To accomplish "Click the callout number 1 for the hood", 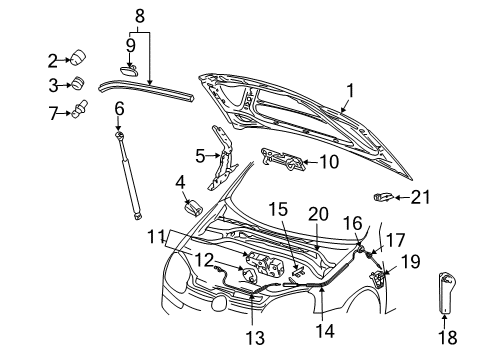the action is click(350, 91).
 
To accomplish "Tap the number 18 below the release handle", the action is click(448, 337).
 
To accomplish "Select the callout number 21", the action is click(420, 197).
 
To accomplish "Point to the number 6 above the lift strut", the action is click(119, 109).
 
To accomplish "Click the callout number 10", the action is click(329, 162).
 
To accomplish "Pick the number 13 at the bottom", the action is click(255, 338).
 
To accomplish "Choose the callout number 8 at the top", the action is click(140, 16).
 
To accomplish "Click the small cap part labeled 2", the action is click(79, 57).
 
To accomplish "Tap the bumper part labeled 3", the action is click(78, 83).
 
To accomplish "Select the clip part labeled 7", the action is click(80, 108).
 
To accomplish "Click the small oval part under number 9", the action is click(129, 69).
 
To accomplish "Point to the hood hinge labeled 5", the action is click(222, 158).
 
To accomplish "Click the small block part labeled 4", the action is click(194, 208).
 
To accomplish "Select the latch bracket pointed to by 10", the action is click(283, 159).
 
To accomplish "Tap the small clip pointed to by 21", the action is click(383, 197).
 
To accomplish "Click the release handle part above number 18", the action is click(446, 293).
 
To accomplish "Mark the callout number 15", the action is click(278, 209).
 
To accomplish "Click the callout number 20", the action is click(318, 214).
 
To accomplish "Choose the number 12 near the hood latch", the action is click(203, 260).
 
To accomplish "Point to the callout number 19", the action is click(410, 261).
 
